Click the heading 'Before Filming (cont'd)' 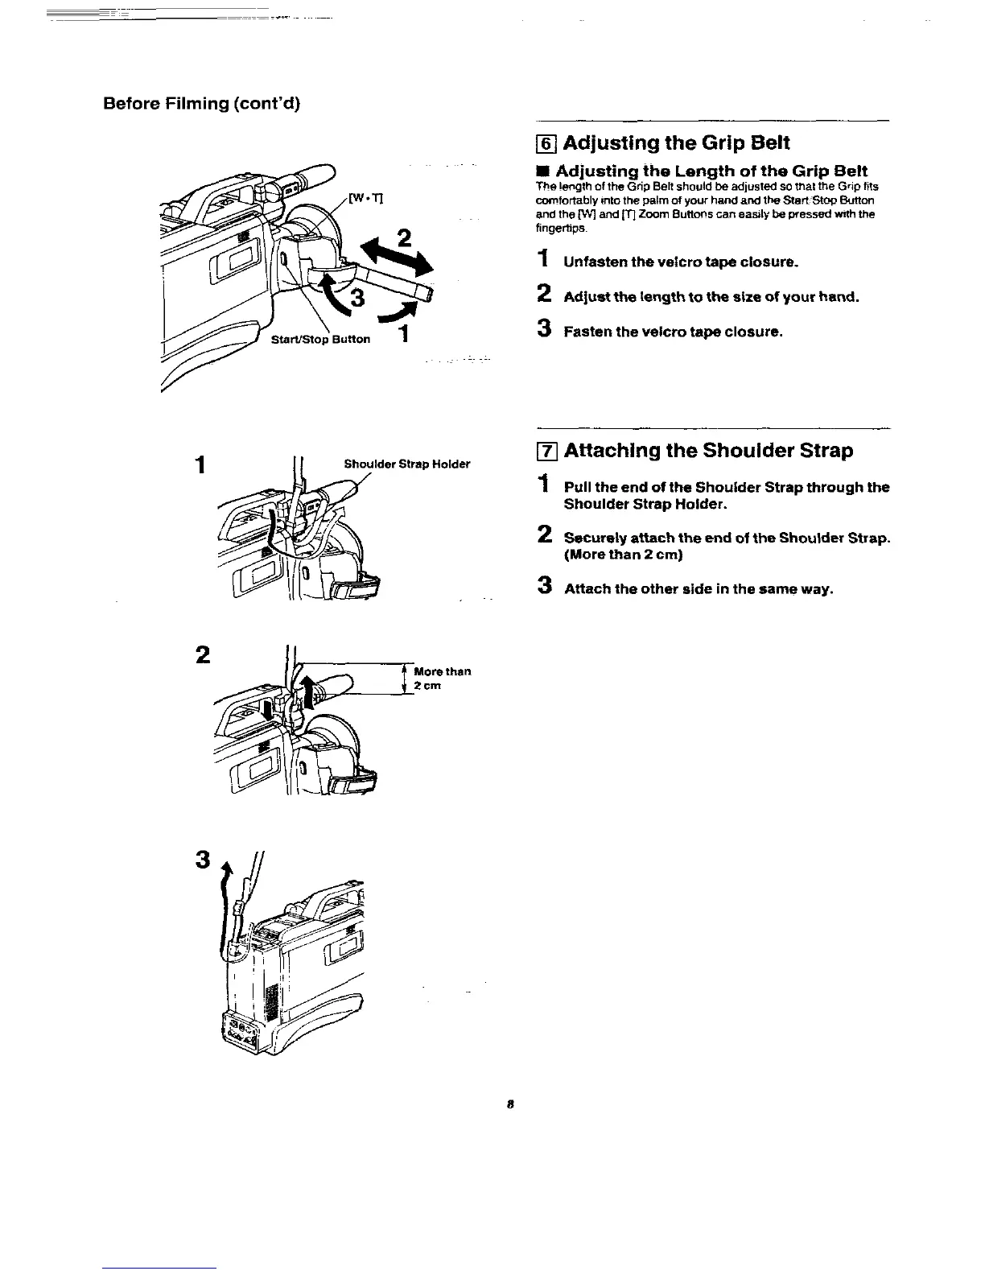click(x=201, y=104)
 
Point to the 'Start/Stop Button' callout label click(x=320, y=339)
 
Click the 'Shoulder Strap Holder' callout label click(x=406, y=464)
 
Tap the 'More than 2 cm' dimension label click(x=441, y=678)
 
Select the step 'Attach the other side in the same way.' click(x=698, y=588)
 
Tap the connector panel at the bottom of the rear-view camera click(x=242, y=1032)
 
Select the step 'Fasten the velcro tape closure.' click(x=673, y=332)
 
